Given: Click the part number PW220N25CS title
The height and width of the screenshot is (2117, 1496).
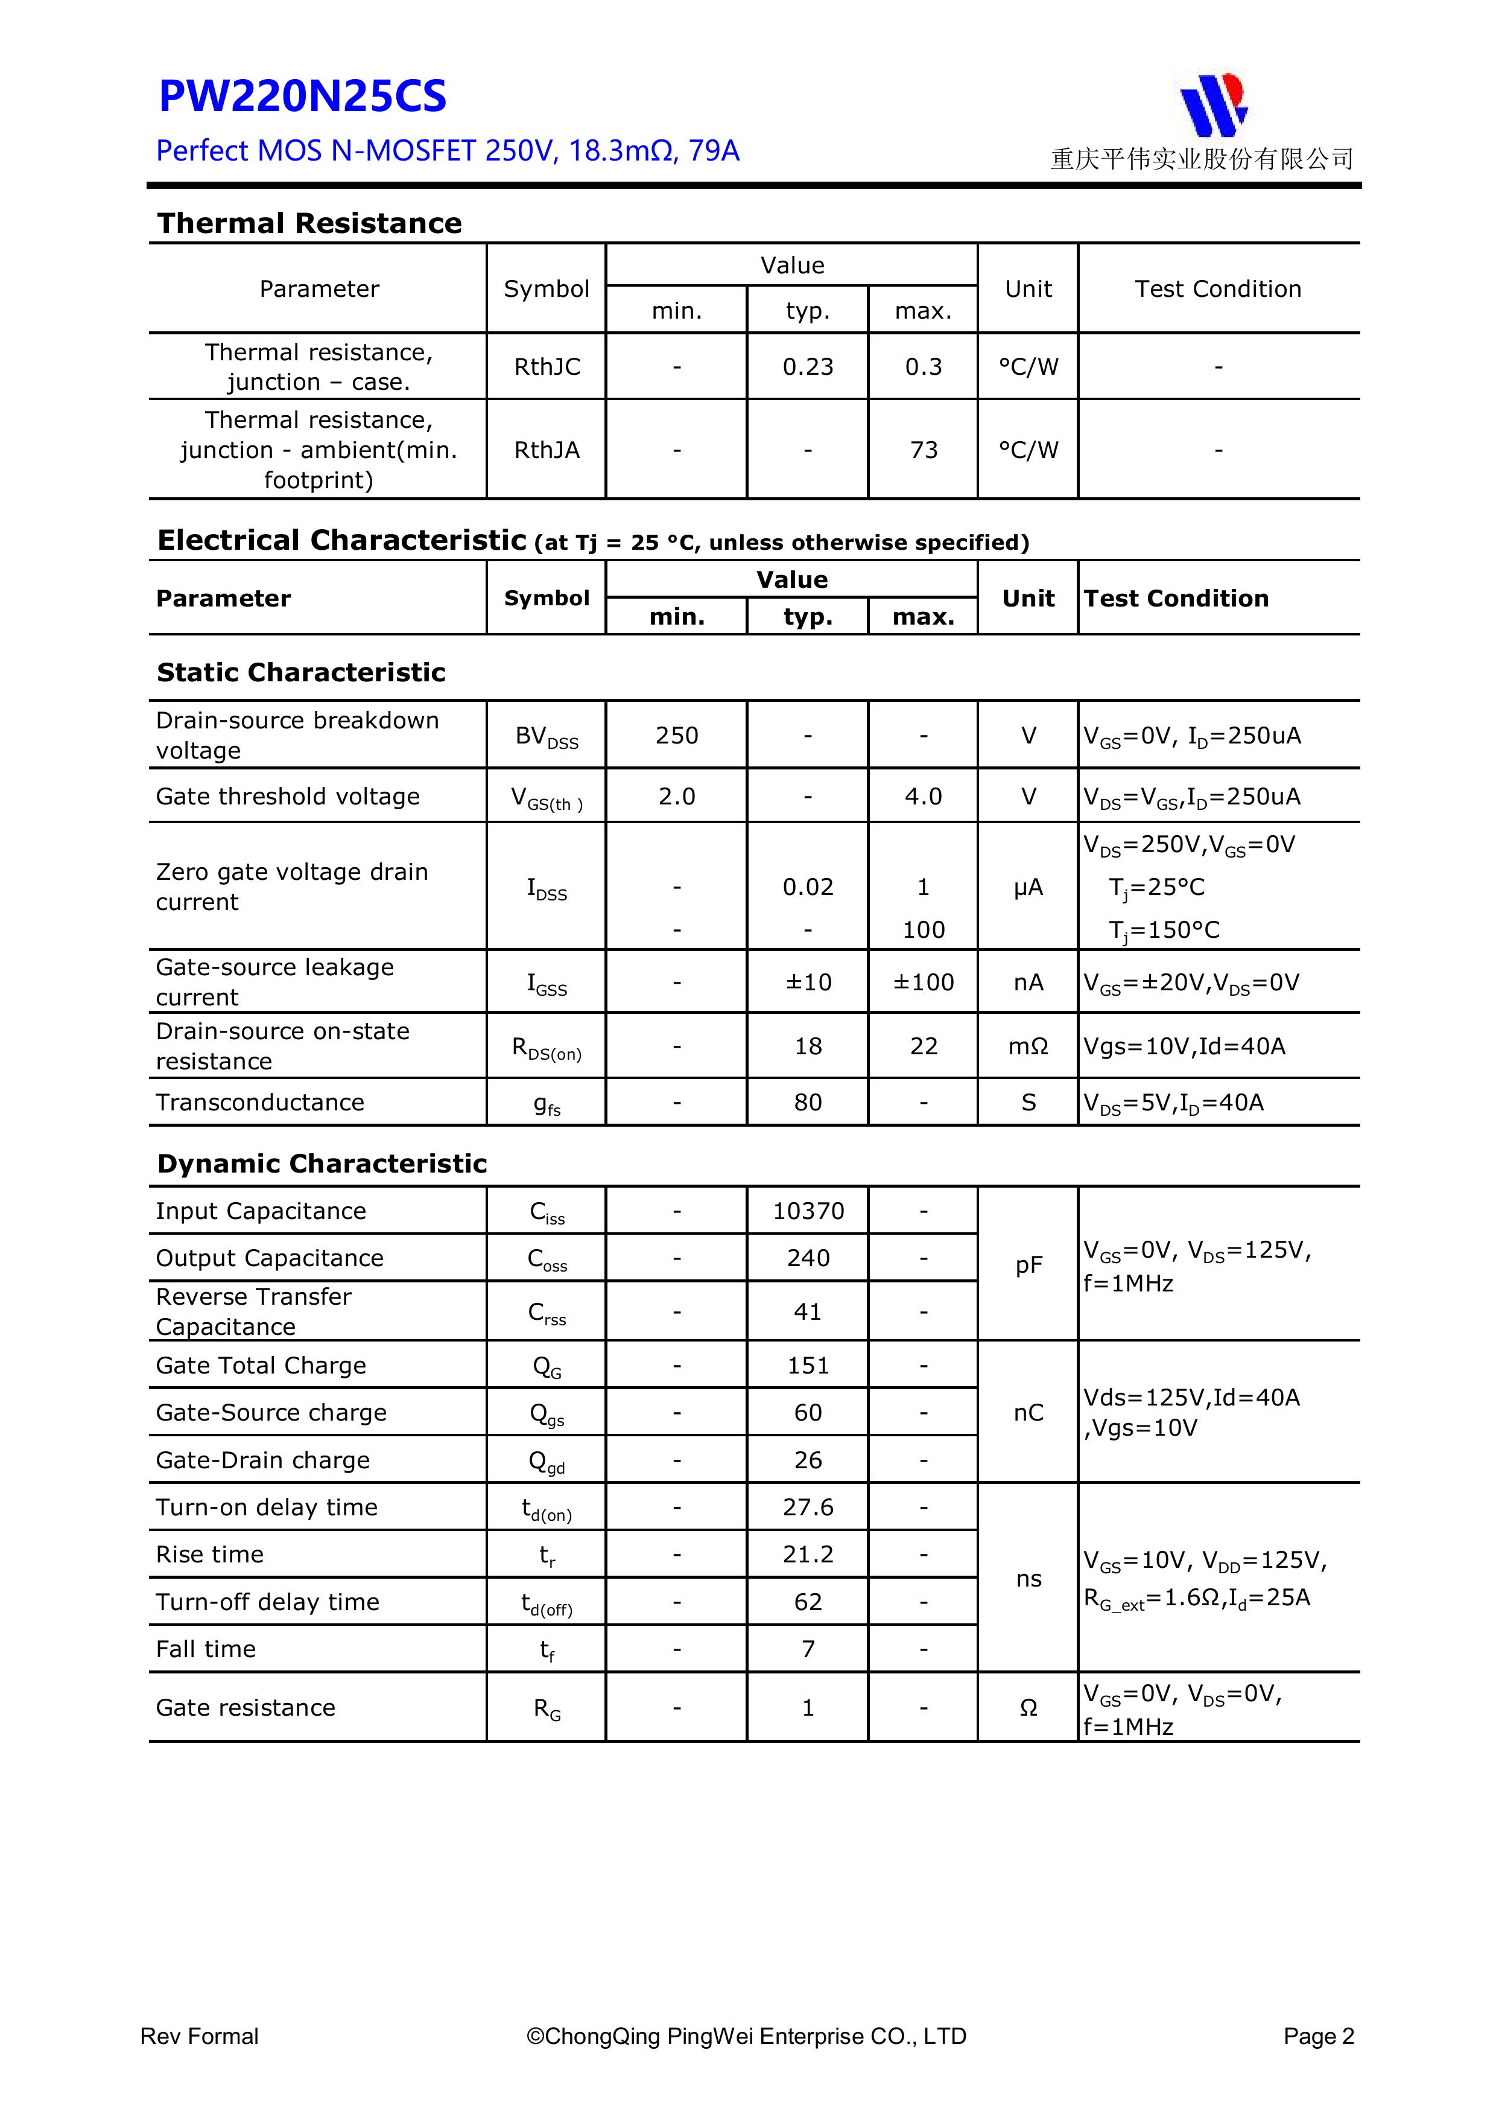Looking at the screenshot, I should point(302,97).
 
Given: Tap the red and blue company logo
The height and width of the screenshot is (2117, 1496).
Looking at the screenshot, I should point(1213,105).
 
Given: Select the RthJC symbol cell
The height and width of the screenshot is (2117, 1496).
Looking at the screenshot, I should point(547,367).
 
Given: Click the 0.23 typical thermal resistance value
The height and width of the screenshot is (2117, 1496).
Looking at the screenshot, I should point(808,367).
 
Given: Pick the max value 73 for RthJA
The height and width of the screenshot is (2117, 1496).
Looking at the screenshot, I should point(923,450).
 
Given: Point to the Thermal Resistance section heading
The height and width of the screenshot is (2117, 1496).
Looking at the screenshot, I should point(309,223).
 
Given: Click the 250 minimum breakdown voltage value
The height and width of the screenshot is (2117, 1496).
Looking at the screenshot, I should point(677,736).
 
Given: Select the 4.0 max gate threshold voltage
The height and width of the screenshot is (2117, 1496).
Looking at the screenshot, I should point(923,797).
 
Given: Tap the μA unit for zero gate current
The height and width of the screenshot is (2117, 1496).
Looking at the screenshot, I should point(1028,887).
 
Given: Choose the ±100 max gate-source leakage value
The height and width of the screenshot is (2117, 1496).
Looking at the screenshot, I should point(923,982).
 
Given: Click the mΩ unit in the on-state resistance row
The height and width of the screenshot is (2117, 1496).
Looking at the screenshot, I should point(1028,1046).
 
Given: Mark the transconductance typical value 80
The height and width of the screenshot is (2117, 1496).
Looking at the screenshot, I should point(808,1103).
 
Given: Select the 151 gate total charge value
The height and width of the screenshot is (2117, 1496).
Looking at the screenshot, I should point(808,1366).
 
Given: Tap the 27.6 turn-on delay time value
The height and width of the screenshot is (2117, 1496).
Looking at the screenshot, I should point(808,1507).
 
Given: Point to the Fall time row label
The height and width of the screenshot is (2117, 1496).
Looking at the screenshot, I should point(206,1649).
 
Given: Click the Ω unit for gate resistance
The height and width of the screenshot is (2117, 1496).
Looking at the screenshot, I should point(1028,1708).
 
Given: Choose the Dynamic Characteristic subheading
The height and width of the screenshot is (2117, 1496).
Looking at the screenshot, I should point(322,1164).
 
